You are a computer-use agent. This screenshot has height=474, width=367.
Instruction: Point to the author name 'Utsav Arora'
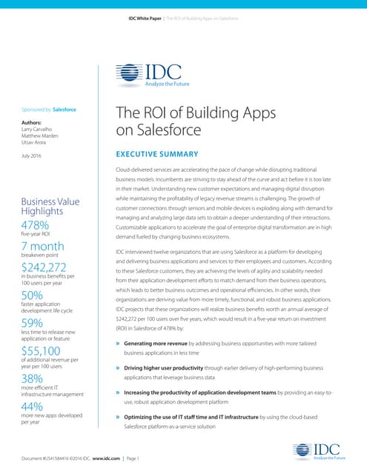(x=36, y=143)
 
